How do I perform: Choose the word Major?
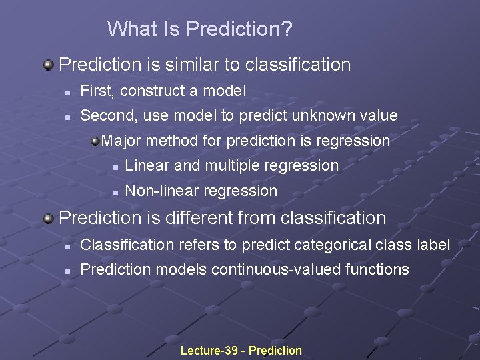click(121, 141)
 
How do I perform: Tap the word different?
click(218, 218)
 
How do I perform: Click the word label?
click(435, 245)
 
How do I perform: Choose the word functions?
click(377, 269)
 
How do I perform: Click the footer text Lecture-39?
click(209, 351)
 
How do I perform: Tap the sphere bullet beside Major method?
click(95, 140)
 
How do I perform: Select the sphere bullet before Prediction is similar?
click(48, 65)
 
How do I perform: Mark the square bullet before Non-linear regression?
click(115, 191)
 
